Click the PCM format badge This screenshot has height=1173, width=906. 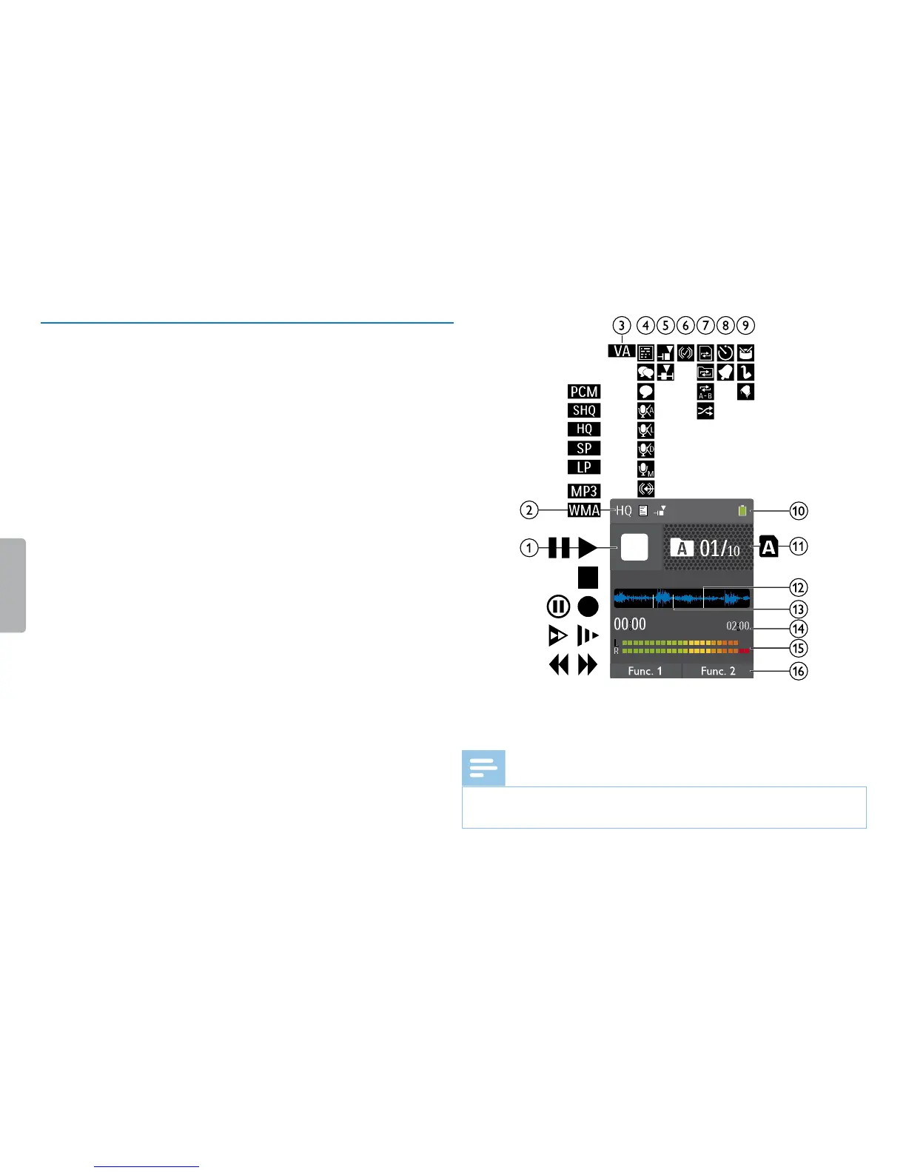click(584, 392)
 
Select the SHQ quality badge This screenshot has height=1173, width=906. click(584, 410)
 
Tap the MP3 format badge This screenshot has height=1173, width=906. click(584, 491)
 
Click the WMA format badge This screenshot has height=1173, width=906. click(584, 510)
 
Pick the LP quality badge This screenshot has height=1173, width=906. click(584, 467)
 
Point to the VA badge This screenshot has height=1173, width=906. click(622, 351)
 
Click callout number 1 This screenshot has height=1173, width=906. click(528, 548)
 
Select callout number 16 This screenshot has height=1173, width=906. click(799, 672)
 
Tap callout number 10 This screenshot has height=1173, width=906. click(799, 511)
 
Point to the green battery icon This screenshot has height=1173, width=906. click(742, 511)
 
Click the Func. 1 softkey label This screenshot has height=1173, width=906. click(645, 671)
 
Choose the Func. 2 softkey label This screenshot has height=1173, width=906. click(718, 671)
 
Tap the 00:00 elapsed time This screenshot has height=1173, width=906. click(630, 624)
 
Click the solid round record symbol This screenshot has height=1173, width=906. click(588, 607)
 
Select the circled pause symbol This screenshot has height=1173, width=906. click(558, 607)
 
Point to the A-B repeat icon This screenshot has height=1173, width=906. click(705, 392)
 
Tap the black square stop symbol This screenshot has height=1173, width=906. click(588, 577)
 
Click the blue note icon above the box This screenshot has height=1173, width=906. click(483, 768)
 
